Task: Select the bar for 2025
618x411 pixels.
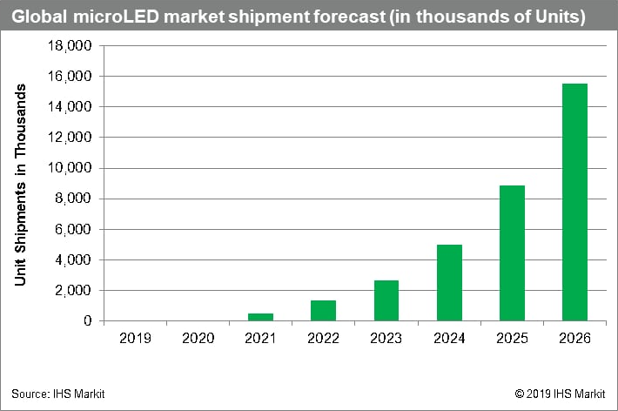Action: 512,253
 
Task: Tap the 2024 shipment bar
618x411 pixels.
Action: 449,282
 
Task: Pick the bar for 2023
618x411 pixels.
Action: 386,300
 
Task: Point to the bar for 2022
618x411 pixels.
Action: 323,310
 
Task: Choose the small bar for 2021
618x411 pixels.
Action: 260,317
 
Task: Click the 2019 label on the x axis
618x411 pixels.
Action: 134,336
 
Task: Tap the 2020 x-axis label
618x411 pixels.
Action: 198,336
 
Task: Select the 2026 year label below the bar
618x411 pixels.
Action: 574,336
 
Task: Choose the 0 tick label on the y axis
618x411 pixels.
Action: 88,321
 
